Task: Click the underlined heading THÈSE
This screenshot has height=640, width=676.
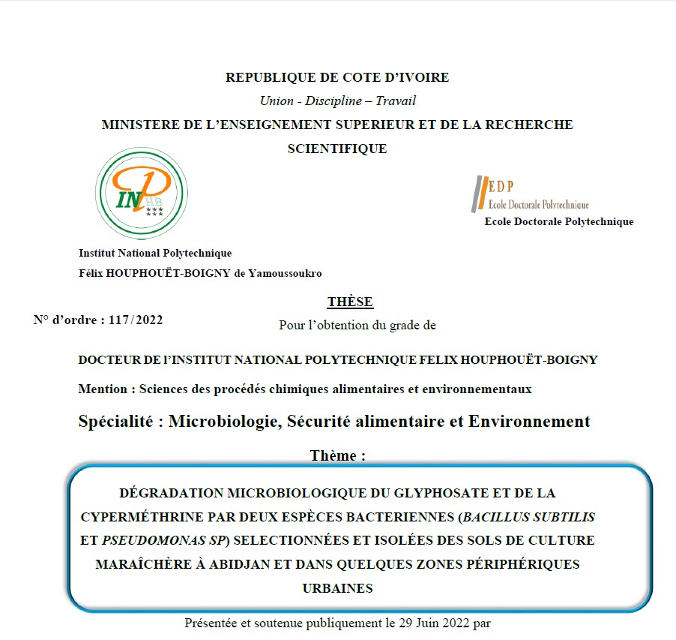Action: click(350, 302)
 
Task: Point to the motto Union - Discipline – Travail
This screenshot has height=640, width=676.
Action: click(337, 101)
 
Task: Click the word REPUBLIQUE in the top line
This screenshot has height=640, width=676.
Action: click(264, 77)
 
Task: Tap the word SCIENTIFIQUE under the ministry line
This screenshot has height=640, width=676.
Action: click(337, 149)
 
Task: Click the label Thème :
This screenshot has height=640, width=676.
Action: click(337, 455)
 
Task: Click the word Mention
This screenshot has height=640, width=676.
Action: click(103, 389)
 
